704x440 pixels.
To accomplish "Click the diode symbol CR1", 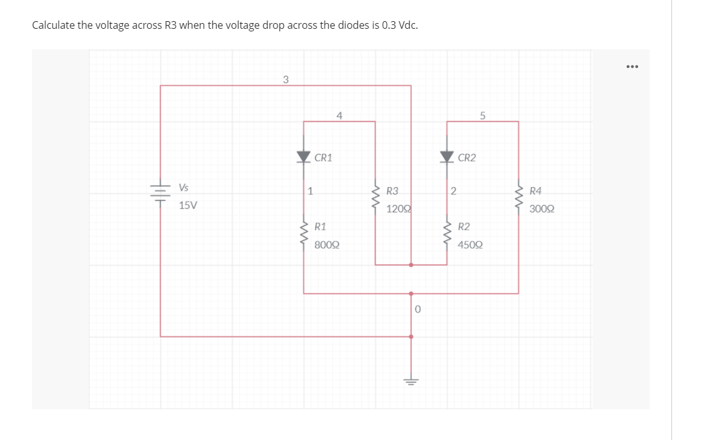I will point(303,156).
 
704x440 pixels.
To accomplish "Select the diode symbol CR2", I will point(446,156).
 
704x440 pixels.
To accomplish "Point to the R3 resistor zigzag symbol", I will point(375,199).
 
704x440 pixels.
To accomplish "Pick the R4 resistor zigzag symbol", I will point(519,199).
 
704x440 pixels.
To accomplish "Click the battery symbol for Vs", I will point(160,191).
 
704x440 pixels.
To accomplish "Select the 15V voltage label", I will point(188,206).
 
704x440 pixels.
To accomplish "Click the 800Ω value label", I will point(327,245).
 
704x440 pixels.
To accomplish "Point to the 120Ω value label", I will point(398,209).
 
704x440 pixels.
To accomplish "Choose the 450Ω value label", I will point(470,245).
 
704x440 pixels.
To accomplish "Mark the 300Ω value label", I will point(542,209).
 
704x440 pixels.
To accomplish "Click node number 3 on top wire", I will point(286,79).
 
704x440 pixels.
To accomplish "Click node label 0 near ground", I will point(417,309).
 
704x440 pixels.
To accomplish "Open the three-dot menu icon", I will point(632,67).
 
